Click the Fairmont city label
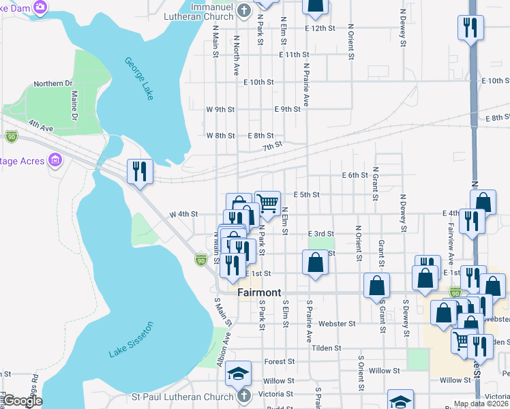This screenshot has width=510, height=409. pyautogui.click(x=259, y=292)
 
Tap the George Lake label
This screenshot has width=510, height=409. pyautogui.click(x=139, y=79)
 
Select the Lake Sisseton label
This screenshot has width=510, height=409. pyautogui.click(x=130, y=339)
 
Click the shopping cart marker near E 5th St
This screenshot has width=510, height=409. pyautogui.click(x=268, y=202)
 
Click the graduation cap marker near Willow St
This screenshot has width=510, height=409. pyautogui.click(x=239, y=373)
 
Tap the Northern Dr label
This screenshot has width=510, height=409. pyautogui.click(x=53, y=84)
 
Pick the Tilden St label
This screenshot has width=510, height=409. pyautogui.click(x=326, y=348)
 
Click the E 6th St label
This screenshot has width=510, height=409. pyautogui.click(x=355, y=175)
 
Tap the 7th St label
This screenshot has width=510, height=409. pyautogui.click(x=272, y=145)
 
